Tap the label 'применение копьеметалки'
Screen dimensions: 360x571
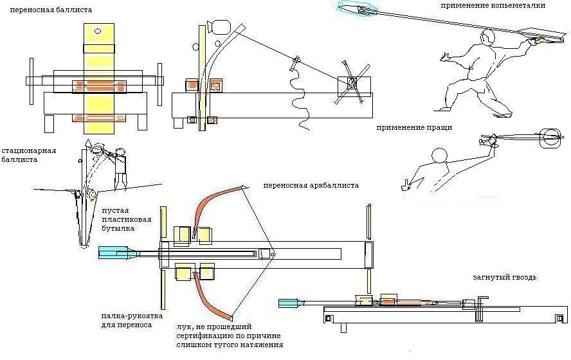493,5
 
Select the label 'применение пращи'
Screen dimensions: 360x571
414,127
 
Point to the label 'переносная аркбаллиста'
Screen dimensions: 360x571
311,185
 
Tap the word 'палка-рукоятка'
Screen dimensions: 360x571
131,316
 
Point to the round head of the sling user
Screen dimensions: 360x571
439,156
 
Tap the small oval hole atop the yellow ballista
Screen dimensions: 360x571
98,31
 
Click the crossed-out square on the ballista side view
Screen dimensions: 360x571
352,83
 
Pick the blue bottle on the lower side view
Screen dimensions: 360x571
293,301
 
